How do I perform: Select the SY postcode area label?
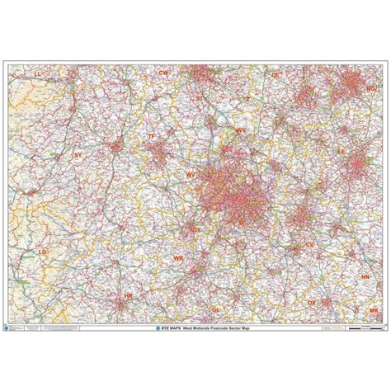coord(78,154)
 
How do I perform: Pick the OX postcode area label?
coord(312,303)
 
